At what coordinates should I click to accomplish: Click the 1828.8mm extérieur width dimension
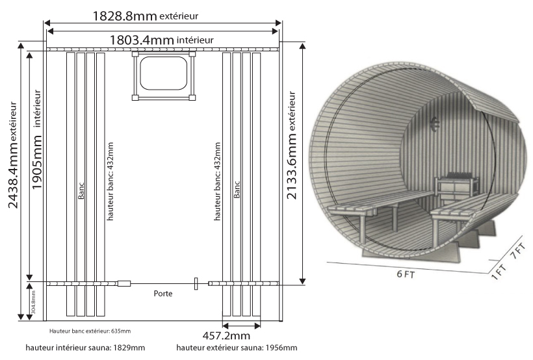coord(145,16)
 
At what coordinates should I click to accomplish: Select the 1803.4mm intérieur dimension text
coord(161,40)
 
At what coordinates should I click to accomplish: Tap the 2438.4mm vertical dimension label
coord(13,155)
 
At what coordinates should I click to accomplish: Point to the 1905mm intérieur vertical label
coord(36,140)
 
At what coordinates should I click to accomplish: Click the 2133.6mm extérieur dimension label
coord(292,145)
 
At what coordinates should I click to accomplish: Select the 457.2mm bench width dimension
coord(226,336)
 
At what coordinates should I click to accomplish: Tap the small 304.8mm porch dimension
coord(33,302)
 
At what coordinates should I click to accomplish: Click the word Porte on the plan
coord(163,293)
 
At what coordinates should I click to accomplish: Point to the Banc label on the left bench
coord(81,190)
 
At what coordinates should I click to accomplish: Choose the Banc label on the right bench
coord(237,189)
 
